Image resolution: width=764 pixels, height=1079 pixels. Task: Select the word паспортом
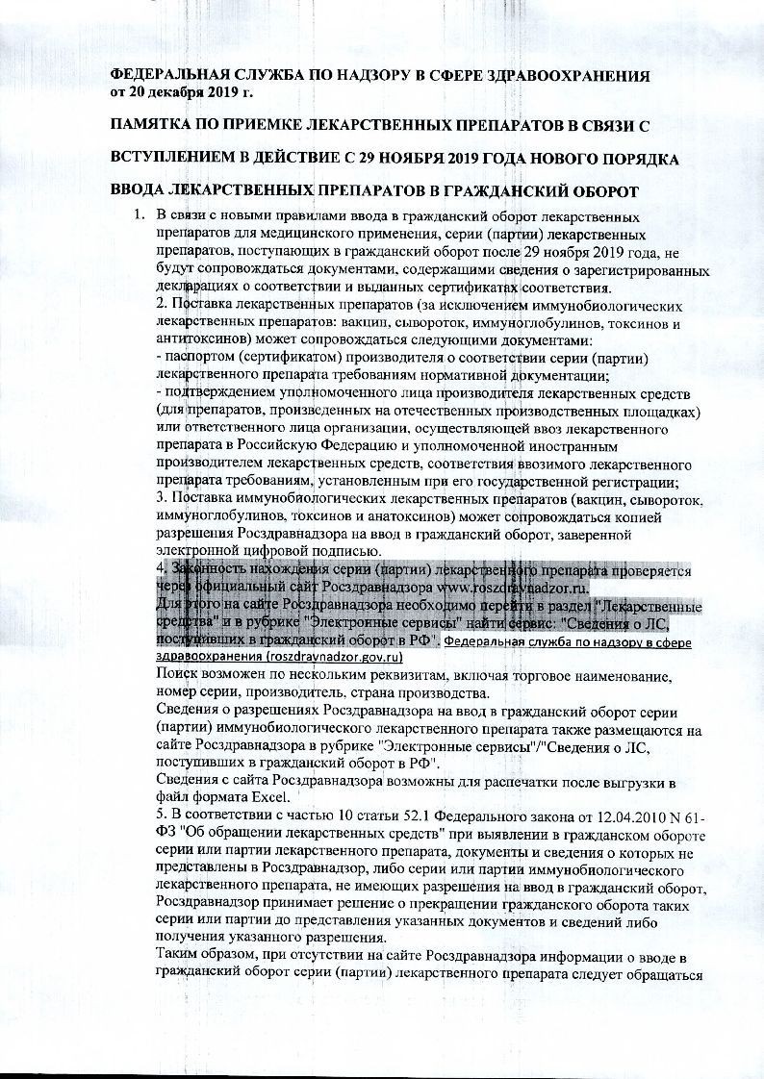pyautogui.click(x=198, y=358)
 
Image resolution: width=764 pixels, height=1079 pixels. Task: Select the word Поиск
pyautogui.click(x=176, y=674)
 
